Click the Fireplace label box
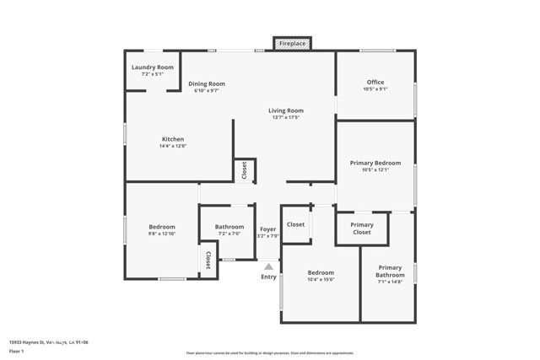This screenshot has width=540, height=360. [x=292, y=43]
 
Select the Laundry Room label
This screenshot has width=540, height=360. [x=153, y=67]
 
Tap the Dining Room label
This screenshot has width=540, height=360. [x=206, y=83]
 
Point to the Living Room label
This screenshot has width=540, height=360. [x=286, y=110]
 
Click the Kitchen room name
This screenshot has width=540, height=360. [x=173, y=139]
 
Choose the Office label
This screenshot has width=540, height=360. [x=375, y=82]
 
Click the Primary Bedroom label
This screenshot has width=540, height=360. [x=375, y=163]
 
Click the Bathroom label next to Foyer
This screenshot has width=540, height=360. [x=229, y=227]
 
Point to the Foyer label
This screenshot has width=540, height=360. [x=267, y=228]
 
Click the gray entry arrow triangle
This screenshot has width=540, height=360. [x=268, y=267]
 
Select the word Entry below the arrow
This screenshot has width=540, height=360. [x=268, y=277]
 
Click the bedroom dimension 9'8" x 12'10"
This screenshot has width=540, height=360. [x=162, y=234]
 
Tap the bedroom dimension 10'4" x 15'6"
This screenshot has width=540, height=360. [x=321, y=279]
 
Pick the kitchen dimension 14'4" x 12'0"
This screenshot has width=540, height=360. [x=173, y=146]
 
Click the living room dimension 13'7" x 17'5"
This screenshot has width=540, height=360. [x=286, y=117]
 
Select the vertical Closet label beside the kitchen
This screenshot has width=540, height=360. [x=244, y=169]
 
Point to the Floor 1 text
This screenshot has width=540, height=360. [x=17, y=350]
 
